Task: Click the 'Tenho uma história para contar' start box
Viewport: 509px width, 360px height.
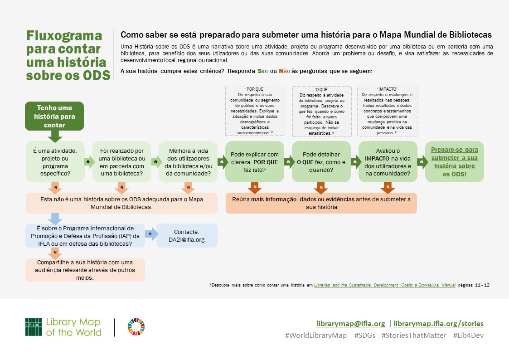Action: click(x=54, y=116)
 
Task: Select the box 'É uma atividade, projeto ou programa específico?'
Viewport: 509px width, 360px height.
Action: click(x=55, y=161)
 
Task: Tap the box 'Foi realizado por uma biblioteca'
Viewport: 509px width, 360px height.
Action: click(x=121, y=161)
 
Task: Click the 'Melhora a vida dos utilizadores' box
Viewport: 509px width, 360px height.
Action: click(x=188, y=161)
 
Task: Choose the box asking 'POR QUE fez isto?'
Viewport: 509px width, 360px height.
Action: click(x=255, y=161)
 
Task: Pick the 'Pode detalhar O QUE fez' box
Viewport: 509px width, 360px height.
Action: click(x=321, y=161)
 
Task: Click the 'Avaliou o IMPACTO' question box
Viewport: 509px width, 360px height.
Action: click(x=388, y=161)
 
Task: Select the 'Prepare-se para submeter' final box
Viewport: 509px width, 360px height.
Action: click(x=454, y=161)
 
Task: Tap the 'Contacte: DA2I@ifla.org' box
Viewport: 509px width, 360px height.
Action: click(x=187, y=235)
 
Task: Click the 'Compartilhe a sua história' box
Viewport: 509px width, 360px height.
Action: click(x=85, y=270)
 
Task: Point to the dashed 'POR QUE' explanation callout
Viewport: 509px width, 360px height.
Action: click(x=255, y=111)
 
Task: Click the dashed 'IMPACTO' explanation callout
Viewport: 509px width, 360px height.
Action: click(x=387, y=111)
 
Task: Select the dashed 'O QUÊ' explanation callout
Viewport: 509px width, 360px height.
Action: click(x=321, y=112)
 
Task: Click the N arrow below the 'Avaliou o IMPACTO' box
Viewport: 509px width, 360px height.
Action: click(x=388, y=186)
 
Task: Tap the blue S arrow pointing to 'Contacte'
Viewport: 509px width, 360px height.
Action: click(x=151, y=234)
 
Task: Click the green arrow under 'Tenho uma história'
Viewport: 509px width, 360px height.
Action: click(x=54, y=135)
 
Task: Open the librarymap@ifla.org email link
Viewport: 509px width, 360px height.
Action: click(x=350, y=324)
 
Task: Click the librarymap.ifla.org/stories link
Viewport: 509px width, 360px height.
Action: click(x=438, y=324)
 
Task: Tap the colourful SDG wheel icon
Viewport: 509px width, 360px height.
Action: click(x=136, y=327)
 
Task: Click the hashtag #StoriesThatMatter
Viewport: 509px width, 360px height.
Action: click(x=414, y=336)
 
